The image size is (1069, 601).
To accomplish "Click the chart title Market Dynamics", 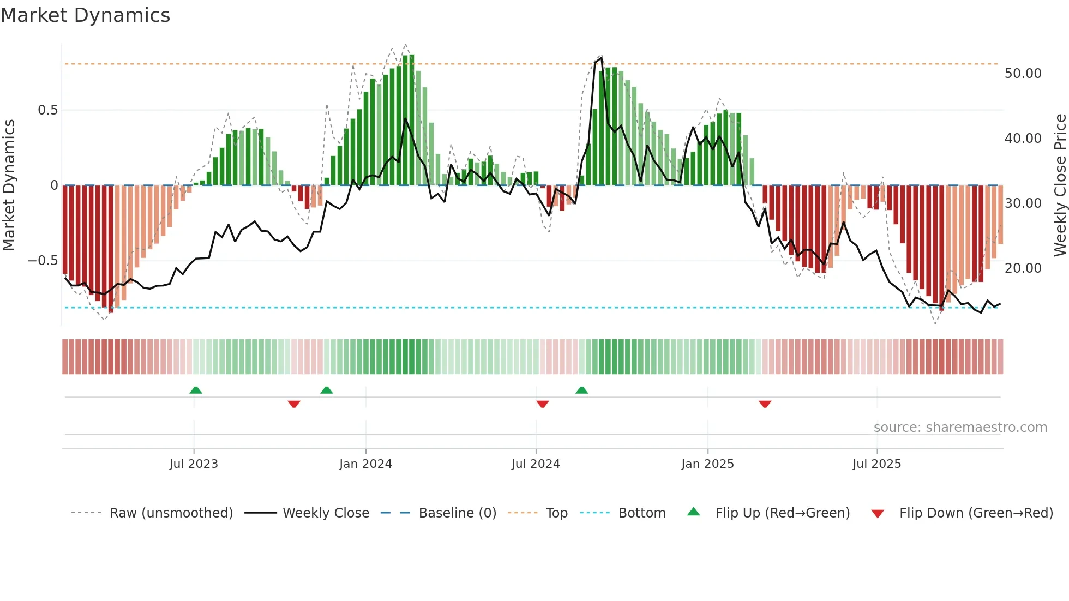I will (85, 15).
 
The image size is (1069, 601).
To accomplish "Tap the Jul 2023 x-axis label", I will (193, 464).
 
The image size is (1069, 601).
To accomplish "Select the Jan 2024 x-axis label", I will (365, 464).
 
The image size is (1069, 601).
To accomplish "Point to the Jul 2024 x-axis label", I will (536, 464).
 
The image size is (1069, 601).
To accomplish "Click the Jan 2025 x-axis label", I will (707, 464).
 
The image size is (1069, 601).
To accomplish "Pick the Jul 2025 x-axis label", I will (876, 464).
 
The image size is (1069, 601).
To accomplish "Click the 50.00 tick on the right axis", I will (1023, 74).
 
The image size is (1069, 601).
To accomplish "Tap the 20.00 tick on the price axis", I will (1023, 268).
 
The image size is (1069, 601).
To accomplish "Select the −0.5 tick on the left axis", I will (43, 261).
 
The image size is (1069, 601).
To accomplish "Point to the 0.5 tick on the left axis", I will (47, 110).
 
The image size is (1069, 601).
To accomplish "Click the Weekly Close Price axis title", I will (1060, 185).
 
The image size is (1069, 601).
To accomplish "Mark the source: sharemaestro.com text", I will (960, 428).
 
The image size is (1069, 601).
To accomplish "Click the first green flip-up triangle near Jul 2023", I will (196, 390).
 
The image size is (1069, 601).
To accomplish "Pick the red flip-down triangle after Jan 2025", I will (765, 404).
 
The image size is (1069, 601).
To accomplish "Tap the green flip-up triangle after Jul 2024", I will (581, 390).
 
